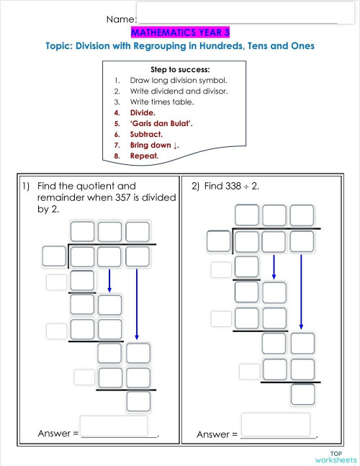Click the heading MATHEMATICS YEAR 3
click(179, 32)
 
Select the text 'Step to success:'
click(179, 69)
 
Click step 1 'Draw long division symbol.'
click(178, 80)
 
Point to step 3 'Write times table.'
click(162, 102)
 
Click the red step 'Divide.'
click(142, 112)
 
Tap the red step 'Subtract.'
click(146, 134)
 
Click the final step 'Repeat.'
click(144, 156)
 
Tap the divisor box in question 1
click(54, 256)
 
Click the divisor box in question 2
click(218, 241)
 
